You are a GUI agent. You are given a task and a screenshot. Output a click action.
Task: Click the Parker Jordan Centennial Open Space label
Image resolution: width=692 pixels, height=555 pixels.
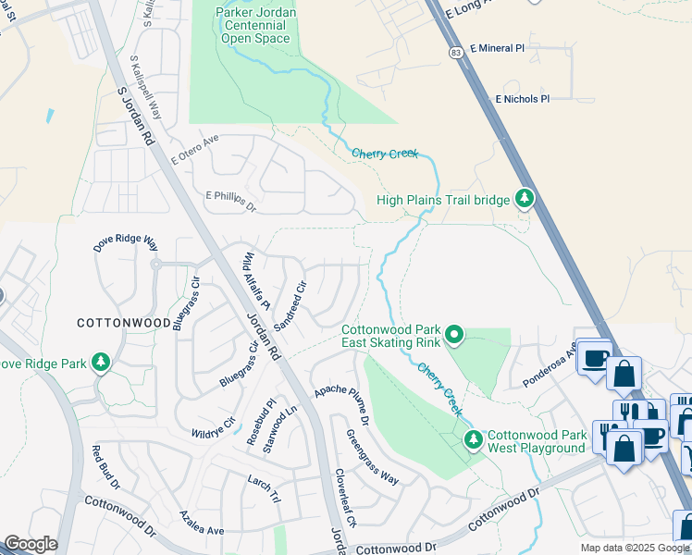point(251,25)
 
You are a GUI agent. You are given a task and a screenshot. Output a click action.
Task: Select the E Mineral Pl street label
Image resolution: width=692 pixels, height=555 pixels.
point(497,47)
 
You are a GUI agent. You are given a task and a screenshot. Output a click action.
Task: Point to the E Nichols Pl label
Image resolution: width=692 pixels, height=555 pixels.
point(522,98)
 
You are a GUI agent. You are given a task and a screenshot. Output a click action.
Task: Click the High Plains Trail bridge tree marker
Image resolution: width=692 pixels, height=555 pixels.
point(525,198)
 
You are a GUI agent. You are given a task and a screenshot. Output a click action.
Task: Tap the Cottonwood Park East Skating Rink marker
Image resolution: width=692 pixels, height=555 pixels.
point(454,334)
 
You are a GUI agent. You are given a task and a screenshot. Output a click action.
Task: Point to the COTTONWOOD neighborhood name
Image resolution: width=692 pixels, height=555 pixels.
point(123,323)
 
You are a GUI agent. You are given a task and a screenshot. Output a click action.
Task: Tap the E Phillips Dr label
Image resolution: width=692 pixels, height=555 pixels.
point(230,202)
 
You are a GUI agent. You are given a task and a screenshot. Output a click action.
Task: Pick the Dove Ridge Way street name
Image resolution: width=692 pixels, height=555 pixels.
point(126,243)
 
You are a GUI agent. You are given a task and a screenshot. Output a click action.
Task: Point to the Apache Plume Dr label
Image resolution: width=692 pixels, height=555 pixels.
point(341,405)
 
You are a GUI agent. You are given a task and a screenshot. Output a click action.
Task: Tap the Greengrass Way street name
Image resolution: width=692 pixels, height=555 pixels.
point(372,456)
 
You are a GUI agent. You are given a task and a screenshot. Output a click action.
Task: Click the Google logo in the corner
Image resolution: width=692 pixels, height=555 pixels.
point(31,544)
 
